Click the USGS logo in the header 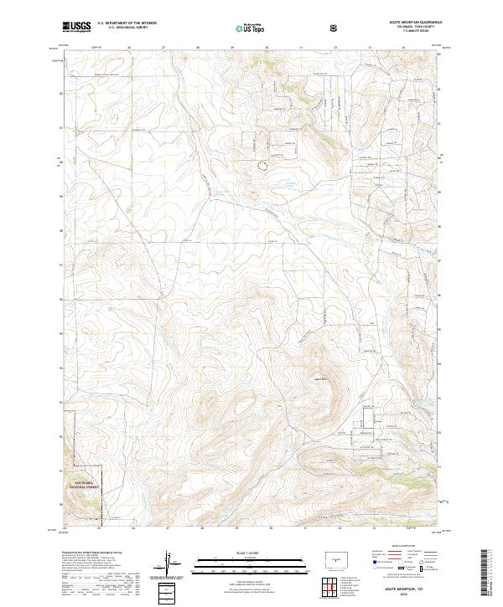77,27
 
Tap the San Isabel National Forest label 85,484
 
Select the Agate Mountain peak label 319,379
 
